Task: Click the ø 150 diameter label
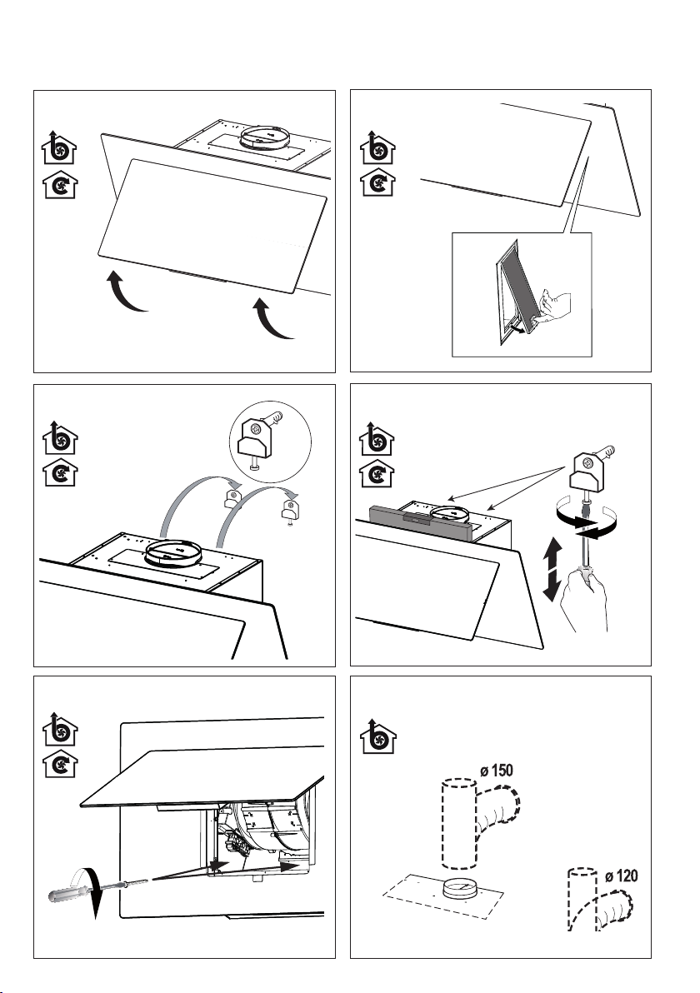[496, 771]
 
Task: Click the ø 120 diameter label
[621, 876]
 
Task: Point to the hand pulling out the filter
[553, 308]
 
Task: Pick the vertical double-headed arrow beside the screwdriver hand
[552, 569]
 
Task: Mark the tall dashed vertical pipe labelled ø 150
[459, 822]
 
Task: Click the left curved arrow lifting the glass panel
[126, 292]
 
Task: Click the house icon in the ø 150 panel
[378, 736]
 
